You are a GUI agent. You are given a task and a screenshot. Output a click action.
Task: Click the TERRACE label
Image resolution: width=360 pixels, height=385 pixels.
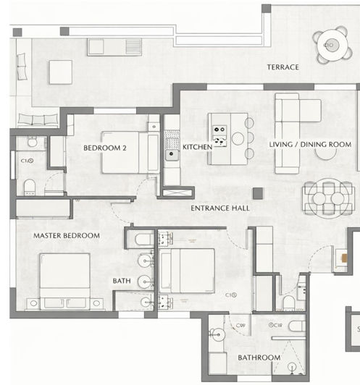coord(282,67)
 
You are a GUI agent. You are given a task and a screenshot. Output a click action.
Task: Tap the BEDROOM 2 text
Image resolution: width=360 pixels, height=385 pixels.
coord(105,148)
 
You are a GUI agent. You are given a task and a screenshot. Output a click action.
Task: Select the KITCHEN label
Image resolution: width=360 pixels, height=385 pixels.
coord(197,147)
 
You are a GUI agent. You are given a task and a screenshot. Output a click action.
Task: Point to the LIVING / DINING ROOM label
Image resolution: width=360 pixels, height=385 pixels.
coord(310,145)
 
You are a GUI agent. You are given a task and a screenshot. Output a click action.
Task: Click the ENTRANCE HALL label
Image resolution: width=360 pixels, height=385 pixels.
coord(220,208)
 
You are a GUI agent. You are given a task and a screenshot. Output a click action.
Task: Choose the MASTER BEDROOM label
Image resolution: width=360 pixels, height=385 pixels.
coord(67,236)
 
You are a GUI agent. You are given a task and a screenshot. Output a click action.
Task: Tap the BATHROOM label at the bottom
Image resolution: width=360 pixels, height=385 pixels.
coord(259,357)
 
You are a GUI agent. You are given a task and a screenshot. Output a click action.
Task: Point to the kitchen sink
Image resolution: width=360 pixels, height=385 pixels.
coord(171,153)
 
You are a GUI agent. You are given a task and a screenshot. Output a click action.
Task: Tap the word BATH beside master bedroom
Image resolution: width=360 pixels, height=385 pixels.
coord(121,281)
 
